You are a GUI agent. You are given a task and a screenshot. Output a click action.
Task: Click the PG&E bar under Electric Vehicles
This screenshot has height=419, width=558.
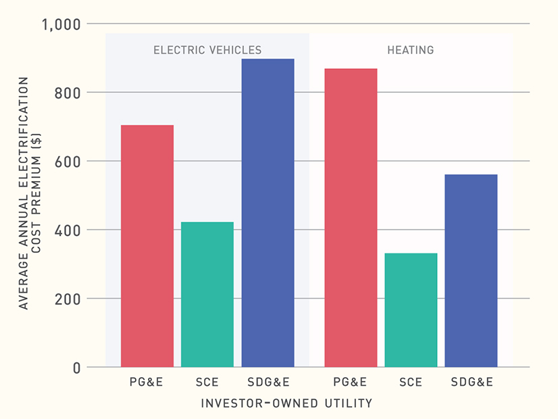tap(147, 246)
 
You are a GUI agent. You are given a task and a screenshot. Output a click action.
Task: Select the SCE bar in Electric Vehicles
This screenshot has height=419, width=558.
tap(207, 294)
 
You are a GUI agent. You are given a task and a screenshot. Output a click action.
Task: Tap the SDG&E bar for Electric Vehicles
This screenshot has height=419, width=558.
tap(268, 213)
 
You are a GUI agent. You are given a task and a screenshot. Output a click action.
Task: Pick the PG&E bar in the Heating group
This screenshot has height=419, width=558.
tap(351, 218)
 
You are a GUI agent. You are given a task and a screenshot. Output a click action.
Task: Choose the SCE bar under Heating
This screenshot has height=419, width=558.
tap(411, 310)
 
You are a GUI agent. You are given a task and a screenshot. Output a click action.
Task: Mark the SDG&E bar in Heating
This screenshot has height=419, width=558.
tap(471, 270)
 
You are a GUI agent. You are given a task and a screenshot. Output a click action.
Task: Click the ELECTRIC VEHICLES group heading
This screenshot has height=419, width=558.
tap(207, 50)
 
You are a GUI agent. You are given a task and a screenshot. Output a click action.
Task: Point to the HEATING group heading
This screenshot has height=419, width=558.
tap(411, 50)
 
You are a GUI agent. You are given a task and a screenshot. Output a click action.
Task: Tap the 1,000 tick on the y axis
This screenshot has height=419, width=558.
tap(61, 24)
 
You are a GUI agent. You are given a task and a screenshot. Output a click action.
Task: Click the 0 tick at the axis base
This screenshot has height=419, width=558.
tap(76, 368)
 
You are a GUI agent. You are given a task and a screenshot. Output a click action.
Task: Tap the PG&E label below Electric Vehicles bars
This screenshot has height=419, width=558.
tap(147, 383)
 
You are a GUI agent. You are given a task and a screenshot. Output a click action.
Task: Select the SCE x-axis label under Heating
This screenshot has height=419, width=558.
tap(411, 383)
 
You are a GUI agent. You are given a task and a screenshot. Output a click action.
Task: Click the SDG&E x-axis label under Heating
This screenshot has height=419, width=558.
tap(472, 383)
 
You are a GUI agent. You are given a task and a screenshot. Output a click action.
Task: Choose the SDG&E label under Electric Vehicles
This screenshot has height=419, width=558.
tap(268, 383)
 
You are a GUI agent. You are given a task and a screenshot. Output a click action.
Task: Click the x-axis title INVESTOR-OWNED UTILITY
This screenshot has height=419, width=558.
tap(286, 403)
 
